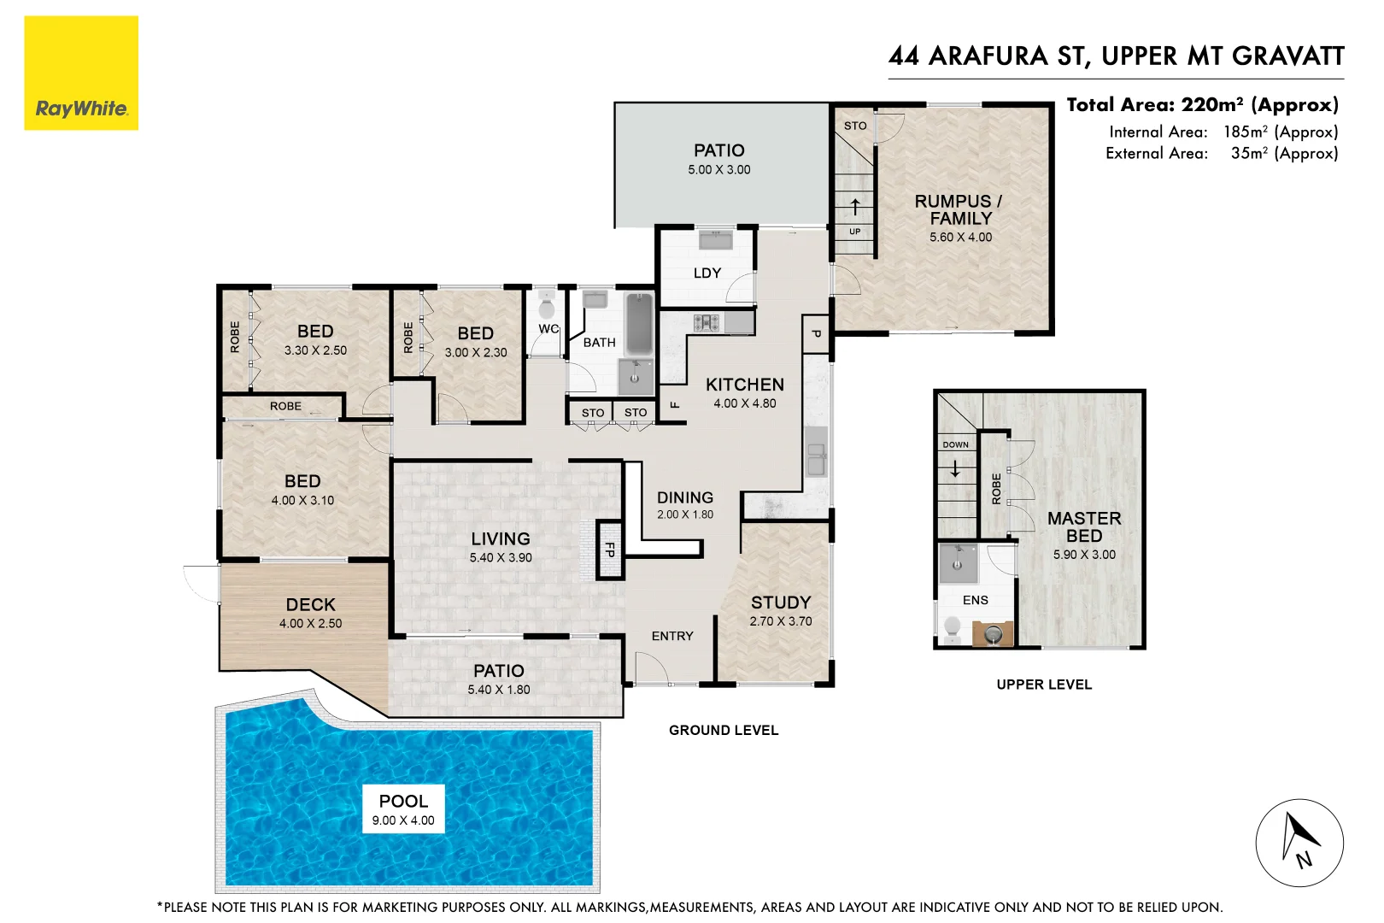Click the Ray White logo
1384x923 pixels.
(81, 73)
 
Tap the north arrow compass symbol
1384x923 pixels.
(1299, 843)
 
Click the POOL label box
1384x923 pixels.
(403, 808)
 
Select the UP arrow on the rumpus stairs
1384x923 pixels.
(855, 206)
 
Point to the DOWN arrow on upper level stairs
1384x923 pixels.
(955, 469)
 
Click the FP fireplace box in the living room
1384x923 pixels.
(609, 550)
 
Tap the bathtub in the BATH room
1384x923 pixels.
(639, 324)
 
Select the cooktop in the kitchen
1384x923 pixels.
(707, 323)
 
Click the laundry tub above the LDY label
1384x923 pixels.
(715, 239)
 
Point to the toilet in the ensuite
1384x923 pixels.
(952, 628)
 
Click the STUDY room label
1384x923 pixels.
(781, 603)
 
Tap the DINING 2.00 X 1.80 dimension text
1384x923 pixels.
(685, 514)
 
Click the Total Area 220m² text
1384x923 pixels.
(1202, 105)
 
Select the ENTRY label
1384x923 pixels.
(672, 636)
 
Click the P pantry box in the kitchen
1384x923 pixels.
(816, 333)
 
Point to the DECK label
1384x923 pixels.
(310, 604)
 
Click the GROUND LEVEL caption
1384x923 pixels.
(724, 730)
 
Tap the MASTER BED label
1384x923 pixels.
(1084, 526)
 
